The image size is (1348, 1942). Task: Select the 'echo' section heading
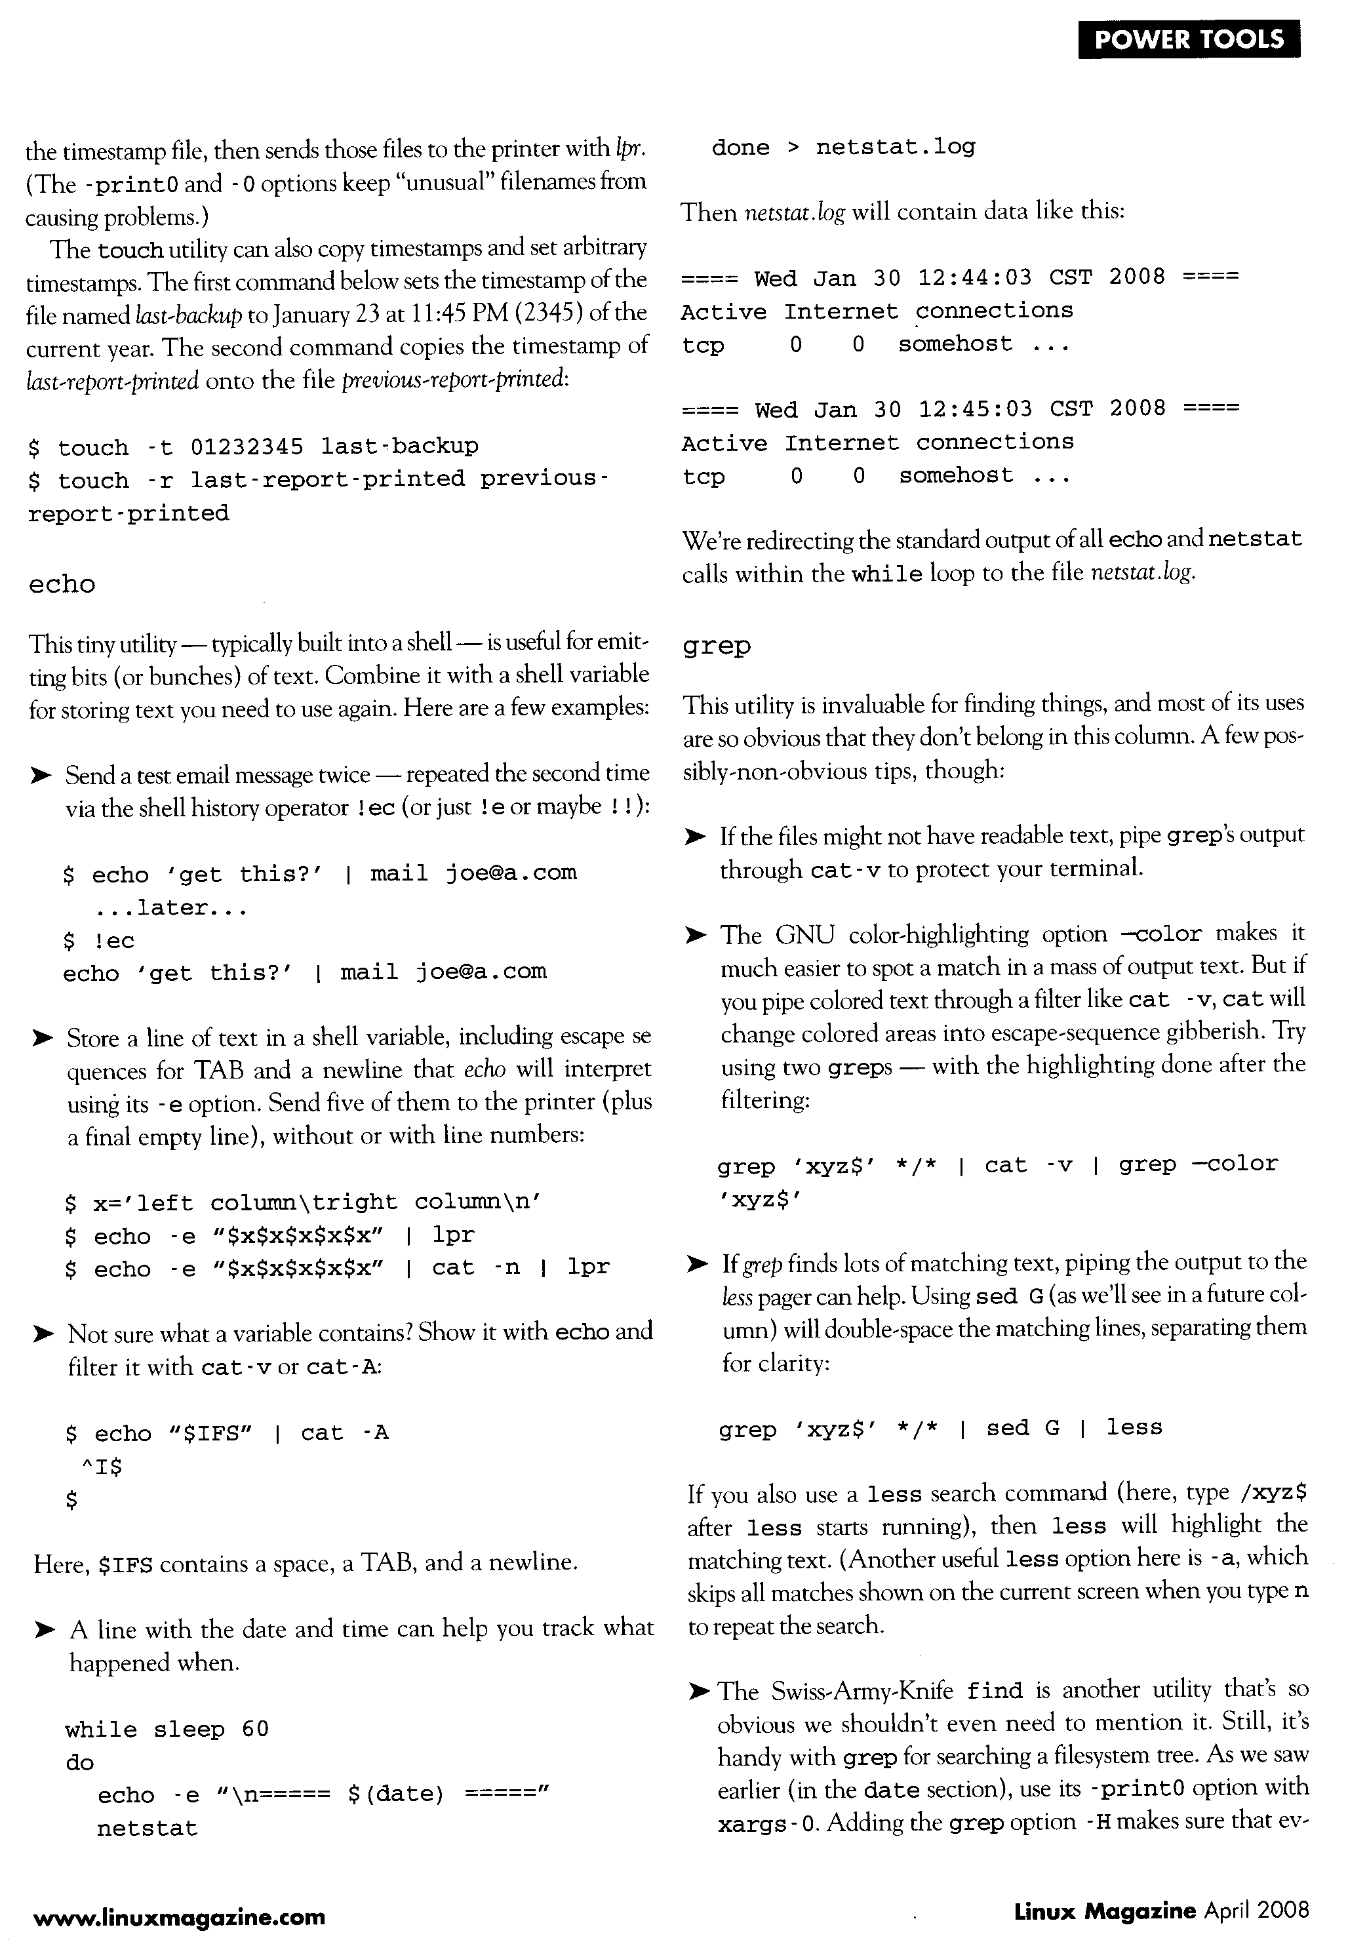click(62, 584)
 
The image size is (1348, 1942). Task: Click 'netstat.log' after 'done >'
click(896, 148)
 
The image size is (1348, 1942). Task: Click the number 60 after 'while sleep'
click(255, 1728)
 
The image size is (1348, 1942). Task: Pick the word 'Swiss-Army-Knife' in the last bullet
click(862, 1692)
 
